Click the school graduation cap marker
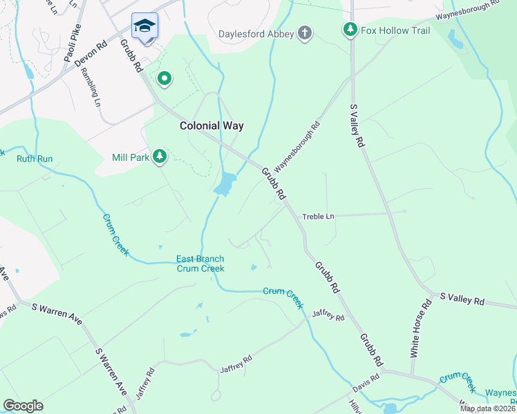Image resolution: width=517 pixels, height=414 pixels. [x=144, y=26]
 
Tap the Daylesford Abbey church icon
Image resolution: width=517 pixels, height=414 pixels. [x=304, y=32]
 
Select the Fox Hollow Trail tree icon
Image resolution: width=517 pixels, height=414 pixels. [x=350, y=30]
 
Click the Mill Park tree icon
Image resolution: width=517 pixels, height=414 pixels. [x=160, y=157]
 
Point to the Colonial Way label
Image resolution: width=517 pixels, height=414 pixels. [x=211, y=126]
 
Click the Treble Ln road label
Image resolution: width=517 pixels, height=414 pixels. [x=318, y=217]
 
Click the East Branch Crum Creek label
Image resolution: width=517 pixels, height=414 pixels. [x=200, y=264]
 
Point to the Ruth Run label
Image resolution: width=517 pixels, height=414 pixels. [x=35, y=159]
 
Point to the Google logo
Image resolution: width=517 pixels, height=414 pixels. [x=23, y=406]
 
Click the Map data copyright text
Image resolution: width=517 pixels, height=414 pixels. [x=488, y=408]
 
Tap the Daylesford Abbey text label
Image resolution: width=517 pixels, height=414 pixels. [x=256, y=33]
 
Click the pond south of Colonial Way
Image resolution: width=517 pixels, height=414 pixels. [x=225, y=184]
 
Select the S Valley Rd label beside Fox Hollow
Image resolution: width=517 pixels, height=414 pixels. [x=356, y=126]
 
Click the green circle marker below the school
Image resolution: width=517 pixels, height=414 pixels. [x=164, y=79]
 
